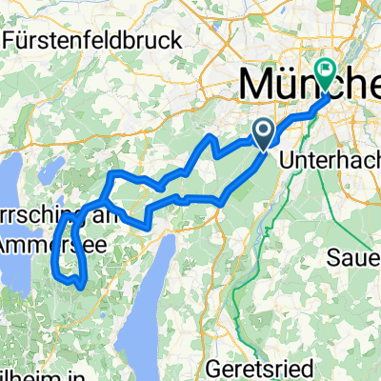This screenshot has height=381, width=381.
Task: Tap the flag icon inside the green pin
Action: (327, 68)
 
